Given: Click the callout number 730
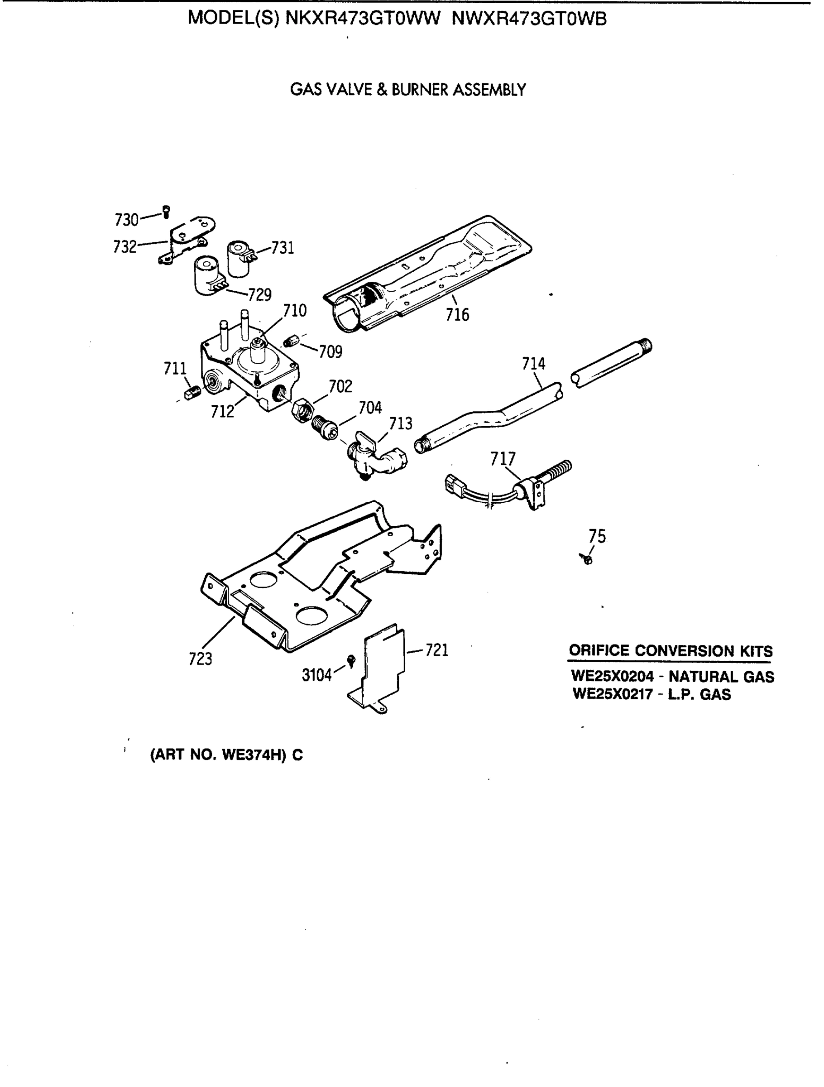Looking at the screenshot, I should pos(126,220).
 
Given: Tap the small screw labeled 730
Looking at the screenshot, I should pos(167,212).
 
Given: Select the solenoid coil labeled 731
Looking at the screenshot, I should pos(240,258).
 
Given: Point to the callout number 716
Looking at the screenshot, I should pos(457,314).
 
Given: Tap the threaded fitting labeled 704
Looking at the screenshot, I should pos(325,428).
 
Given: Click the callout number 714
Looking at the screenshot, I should pos(533,364).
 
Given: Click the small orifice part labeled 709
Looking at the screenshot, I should pos(292,341).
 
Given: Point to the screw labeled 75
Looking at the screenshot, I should pos(587,559).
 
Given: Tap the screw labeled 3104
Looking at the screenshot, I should pos(351,661).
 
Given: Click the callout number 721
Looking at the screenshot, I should pos(436,650).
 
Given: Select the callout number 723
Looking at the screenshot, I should pos(201,659).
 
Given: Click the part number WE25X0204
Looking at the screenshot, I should pos(612,676).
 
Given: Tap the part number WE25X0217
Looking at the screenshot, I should pos(613,694).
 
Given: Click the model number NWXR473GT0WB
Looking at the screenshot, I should pos(529,19).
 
